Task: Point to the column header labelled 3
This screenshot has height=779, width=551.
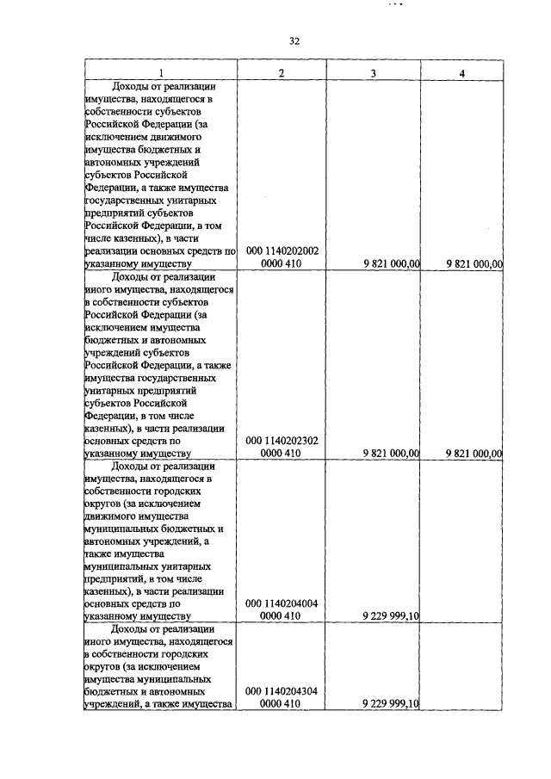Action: [x=373, y=73]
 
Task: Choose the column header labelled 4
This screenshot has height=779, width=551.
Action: [x=462, y=73]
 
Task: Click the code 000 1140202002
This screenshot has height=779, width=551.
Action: [x=282, y=250]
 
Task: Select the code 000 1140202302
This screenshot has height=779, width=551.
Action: [x=282, y=440]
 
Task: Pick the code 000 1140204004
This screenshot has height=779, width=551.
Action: [x=282, y=603]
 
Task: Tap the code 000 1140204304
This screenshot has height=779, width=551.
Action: [x=282, y=691]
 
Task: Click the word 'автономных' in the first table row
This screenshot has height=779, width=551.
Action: [x=116, y=161]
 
